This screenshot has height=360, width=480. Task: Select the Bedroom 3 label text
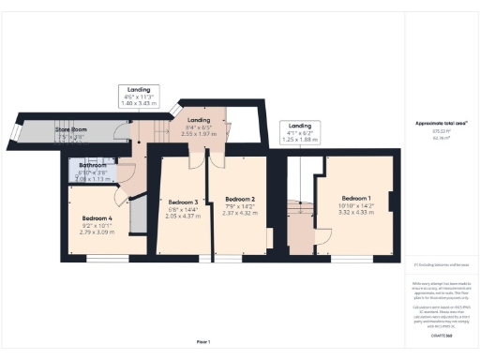point(183,202)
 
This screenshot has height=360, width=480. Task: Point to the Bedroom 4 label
point(97,218)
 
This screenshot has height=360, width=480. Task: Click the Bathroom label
point(93,166)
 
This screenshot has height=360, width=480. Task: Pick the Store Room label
point(70,131)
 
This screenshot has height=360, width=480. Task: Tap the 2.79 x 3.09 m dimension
point(97,232)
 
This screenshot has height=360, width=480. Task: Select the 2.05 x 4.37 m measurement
point(183,216)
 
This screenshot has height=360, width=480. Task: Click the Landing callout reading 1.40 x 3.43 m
point(140,97)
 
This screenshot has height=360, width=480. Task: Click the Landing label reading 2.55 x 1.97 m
point(199,134)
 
